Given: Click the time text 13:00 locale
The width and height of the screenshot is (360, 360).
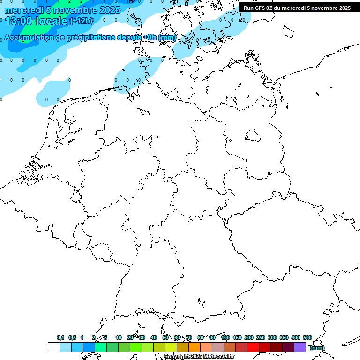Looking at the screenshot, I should tap(36, 21).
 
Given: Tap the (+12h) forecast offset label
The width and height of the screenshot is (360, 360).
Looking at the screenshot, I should tap(82, 21).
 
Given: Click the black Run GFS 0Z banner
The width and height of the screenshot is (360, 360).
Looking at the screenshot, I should tap(297, 7).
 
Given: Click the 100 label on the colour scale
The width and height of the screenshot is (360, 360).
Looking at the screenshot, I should tap(225, 337).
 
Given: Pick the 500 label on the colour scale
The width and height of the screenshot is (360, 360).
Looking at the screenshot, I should tap(307, 337).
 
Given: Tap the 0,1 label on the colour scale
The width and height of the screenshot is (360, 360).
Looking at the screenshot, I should tap(60, 337).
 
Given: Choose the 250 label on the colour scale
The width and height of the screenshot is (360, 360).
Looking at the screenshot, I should tap(261, 337).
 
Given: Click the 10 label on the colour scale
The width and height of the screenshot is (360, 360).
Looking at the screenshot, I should tap(119, 337).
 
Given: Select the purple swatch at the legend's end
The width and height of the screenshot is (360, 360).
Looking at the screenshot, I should tap(300, 347).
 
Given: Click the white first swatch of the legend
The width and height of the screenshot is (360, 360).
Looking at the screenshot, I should tap(53, 347).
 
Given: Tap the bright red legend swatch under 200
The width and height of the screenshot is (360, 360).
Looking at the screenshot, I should tap(253, 347).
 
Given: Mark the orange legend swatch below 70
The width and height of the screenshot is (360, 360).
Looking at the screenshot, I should tap(195, 347).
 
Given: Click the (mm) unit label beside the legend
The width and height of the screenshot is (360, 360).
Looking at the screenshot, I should tap(317, 348).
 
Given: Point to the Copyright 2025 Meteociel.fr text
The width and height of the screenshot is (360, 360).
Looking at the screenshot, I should tap(199, 357).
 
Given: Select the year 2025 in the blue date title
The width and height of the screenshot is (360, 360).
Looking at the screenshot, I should tap(110, 9).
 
